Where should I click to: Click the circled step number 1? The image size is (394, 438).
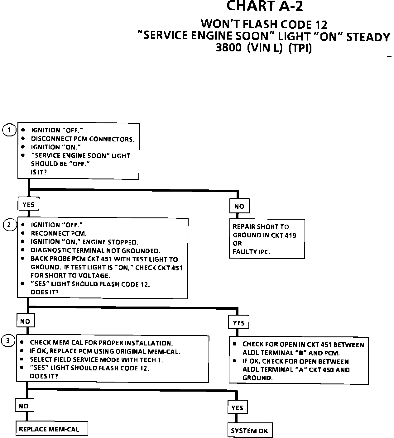[x=9, y=130]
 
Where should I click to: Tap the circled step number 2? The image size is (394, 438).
[x=9, y=225]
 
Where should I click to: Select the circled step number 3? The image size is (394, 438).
[x=8, y=341]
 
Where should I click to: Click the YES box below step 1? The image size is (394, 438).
[x=28, y=205]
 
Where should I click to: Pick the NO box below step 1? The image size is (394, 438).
[x=239, y=206]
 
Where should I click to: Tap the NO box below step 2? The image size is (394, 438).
[x=25, y=321]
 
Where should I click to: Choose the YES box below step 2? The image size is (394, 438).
[x=239, y=323]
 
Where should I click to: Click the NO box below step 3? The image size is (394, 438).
[x=23, y=406]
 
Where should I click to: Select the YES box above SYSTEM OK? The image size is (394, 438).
[x=238, y=408]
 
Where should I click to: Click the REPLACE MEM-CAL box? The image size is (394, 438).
[x=49, y=429]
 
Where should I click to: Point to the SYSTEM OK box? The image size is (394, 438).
[x=249, y=431]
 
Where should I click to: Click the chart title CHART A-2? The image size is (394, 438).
[x=264, y=6]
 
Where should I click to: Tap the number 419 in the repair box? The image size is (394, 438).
[x=290, y=235]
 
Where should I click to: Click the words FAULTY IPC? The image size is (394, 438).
[x=252, y=252]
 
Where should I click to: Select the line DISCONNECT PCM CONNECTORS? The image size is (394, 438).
[x=83, y=139]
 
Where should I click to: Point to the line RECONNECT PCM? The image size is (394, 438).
[x=59, y=233]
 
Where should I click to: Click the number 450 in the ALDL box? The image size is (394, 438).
[x=328, y=370]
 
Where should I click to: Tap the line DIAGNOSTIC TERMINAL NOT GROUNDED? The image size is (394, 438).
[x=95, y=250]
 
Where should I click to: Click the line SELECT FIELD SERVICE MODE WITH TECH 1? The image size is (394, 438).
[x=97, y=360]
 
